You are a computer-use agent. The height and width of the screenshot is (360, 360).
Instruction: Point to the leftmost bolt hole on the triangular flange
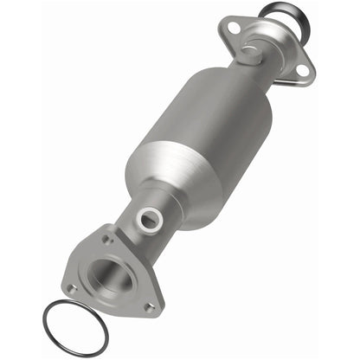pyautogui.click(x=73, y=289)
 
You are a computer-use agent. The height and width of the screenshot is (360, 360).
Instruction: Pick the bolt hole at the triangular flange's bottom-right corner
pyautogui.click(x=148, y=305)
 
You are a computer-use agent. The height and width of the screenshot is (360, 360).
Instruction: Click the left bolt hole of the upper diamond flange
pyautogui.click(x=231, y=29)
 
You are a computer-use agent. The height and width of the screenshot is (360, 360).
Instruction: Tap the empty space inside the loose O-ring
pyautogui.click(x=75, y=327)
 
